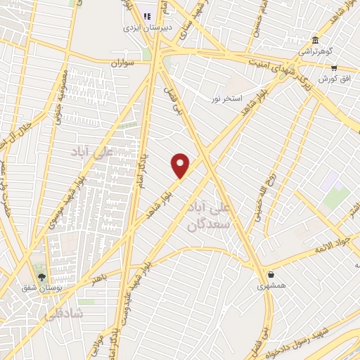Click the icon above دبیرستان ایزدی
[x=147, y=16]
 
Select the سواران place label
[x=122, y=63]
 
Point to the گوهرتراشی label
[x=314, y=51]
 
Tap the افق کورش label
[x=333, y=79]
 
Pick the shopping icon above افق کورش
[x=335, y=67]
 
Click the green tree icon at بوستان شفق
[x=41, y=276]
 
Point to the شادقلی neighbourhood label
[x=63, y=314]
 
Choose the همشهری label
[x=270, y=286]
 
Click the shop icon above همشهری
[x=271, y=275]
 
